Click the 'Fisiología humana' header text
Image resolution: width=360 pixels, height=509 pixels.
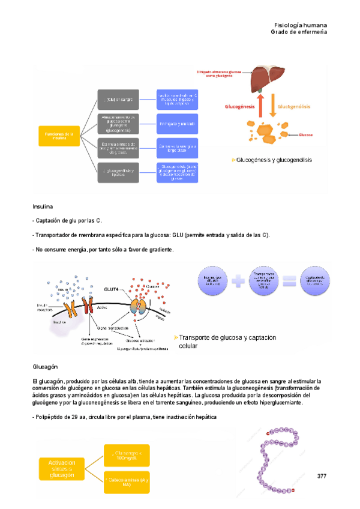[x=300, y=25]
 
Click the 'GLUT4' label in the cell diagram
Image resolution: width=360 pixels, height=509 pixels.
[x=128, y=271]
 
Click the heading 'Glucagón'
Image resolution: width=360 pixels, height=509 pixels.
[x=45, y=366]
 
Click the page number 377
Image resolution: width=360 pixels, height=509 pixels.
[x=322, y=476]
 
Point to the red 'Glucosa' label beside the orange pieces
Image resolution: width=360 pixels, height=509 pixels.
[x=305, y=135]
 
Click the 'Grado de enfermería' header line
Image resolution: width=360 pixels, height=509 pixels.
[x=299, y=32]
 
